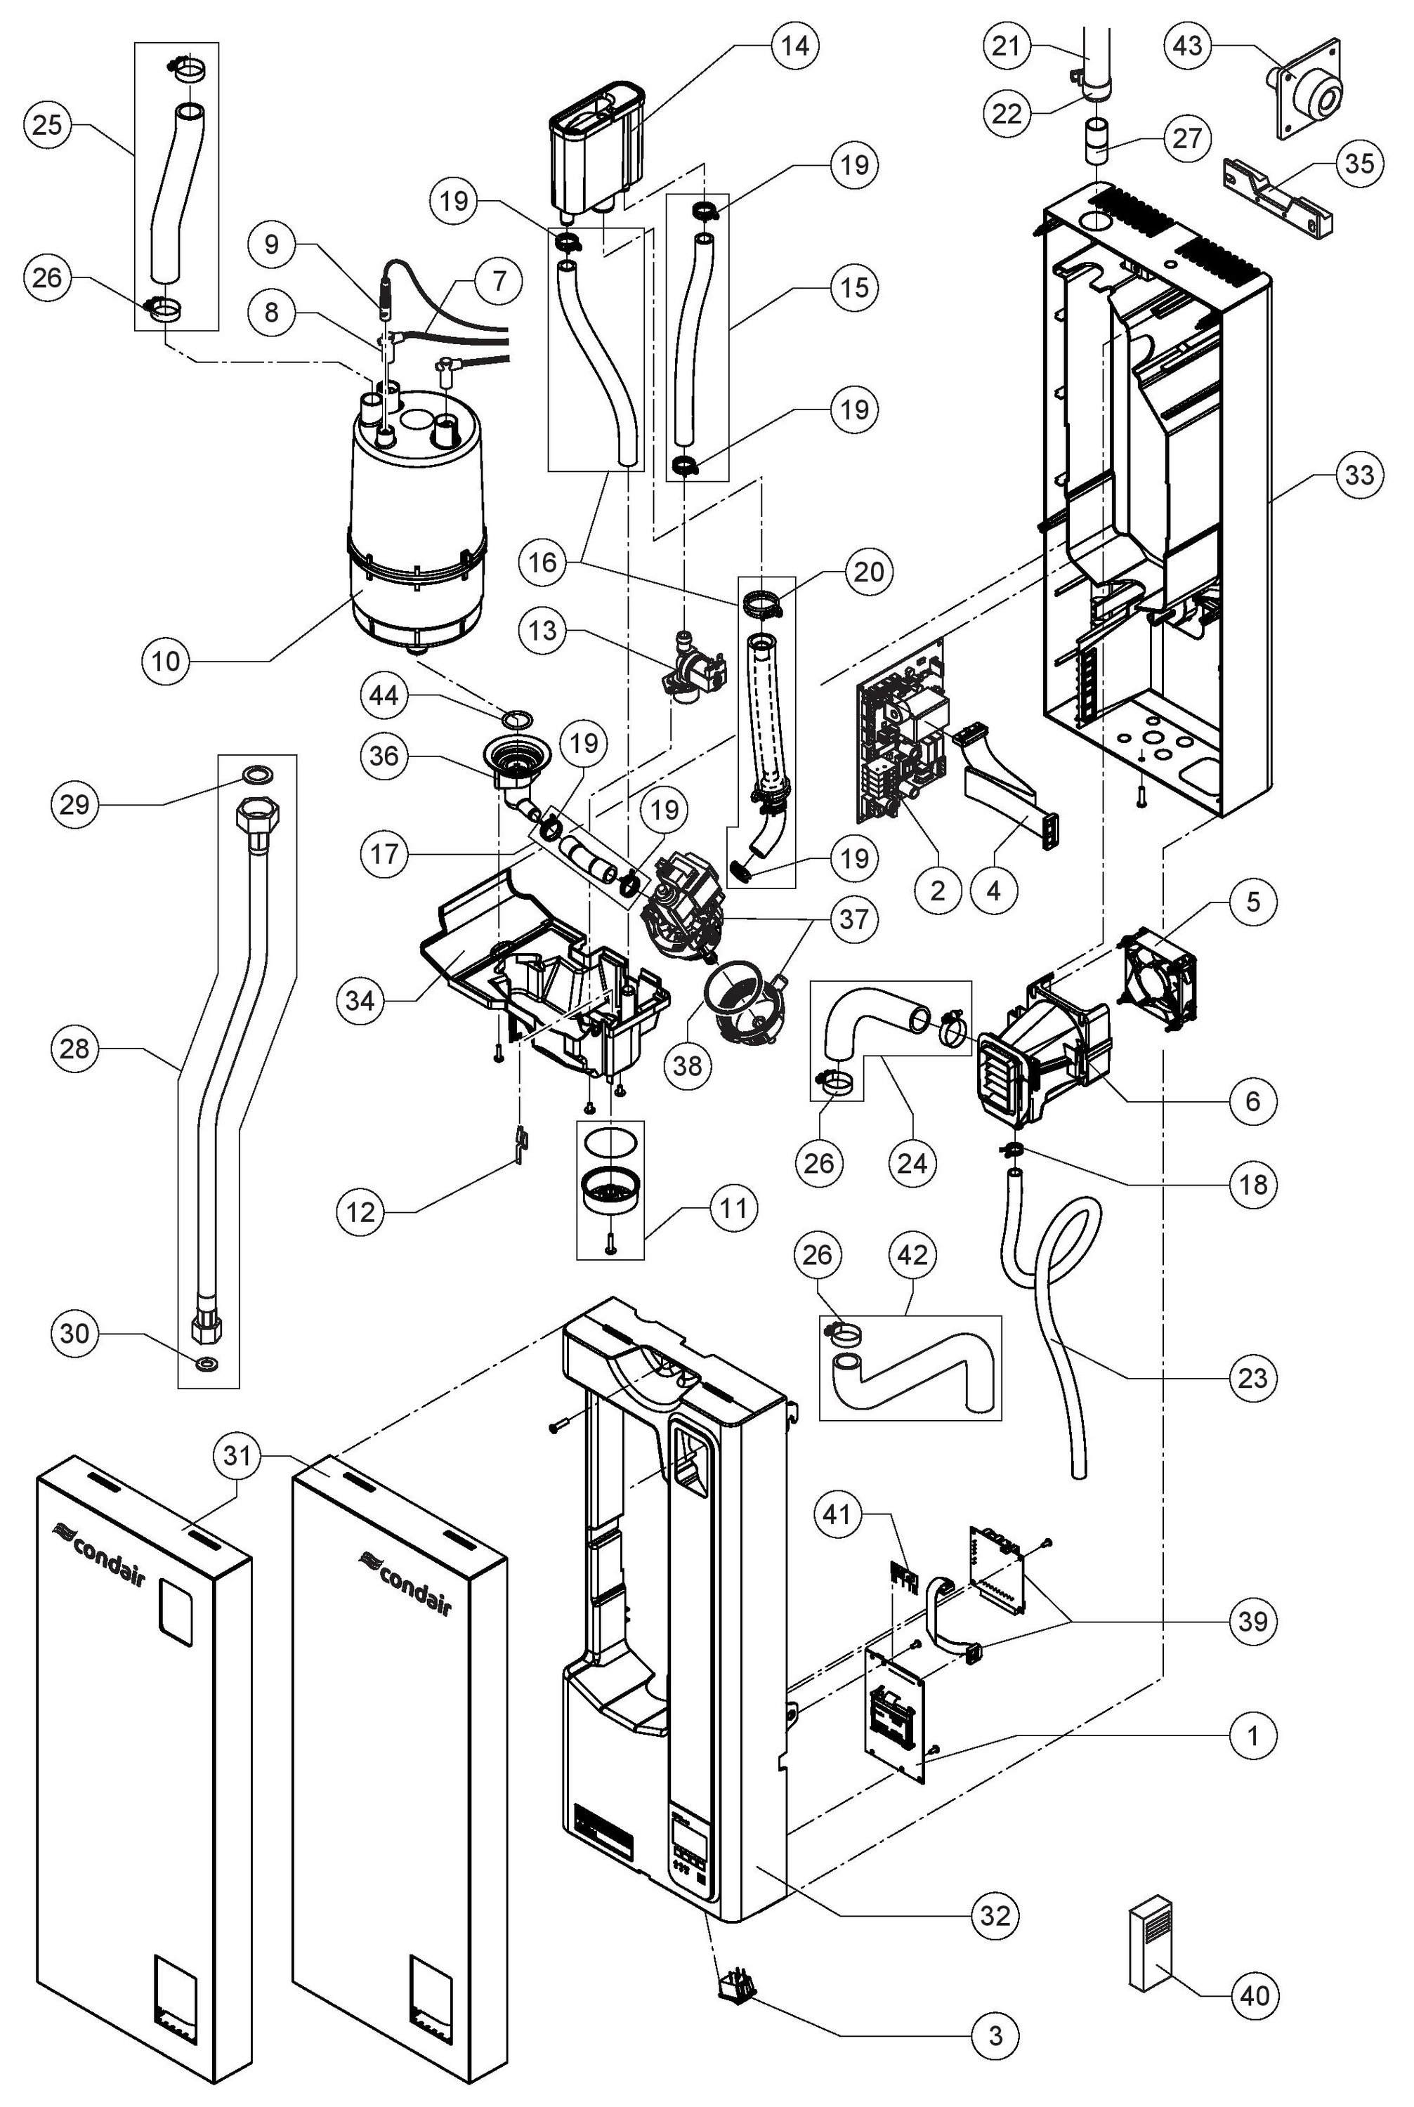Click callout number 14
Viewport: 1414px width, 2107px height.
794,45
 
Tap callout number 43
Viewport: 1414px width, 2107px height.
1188,45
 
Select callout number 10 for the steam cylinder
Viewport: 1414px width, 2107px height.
166,661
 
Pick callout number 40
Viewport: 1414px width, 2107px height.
1255,1996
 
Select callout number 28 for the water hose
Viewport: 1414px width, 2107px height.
75,1049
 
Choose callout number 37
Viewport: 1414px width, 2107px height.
853,919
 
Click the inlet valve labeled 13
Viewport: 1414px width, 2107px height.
695,674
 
